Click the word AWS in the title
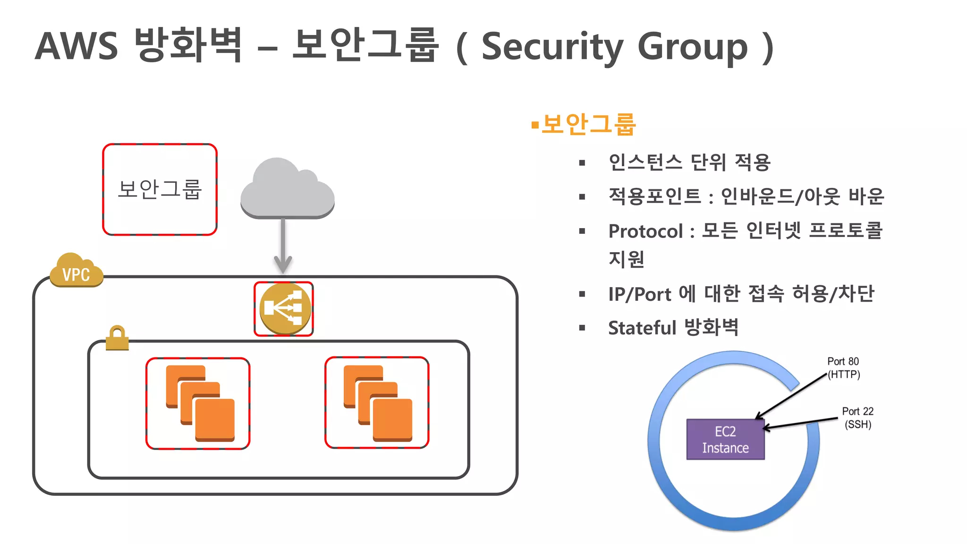pos(76,46)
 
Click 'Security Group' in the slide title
pos(614,46)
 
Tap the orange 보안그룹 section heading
pos(588,125)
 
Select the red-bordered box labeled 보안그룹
pos(160,189)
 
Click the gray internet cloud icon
pos(287,189)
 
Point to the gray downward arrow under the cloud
pos(283,246)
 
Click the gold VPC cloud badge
pos(76,272)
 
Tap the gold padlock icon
pos(117,338)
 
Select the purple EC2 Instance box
pos(725,439)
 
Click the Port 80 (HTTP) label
pos(843,368)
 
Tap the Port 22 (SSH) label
pos(857,417)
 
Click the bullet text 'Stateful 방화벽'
pos(673,327)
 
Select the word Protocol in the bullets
pos(645,231)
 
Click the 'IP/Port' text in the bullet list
pos(639,294)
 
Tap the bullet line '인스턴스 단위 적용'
pos(689,162)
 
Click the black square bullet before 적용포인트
pos(582,197)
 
